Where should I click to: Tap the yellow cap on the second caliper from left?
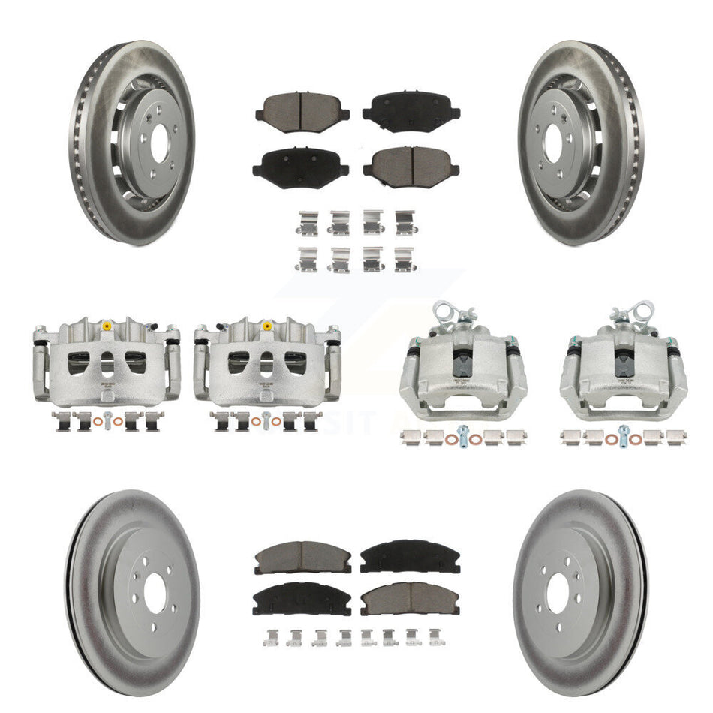point(266,326)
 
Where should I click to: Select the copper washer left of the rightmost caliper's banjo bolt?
point(609,438)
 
